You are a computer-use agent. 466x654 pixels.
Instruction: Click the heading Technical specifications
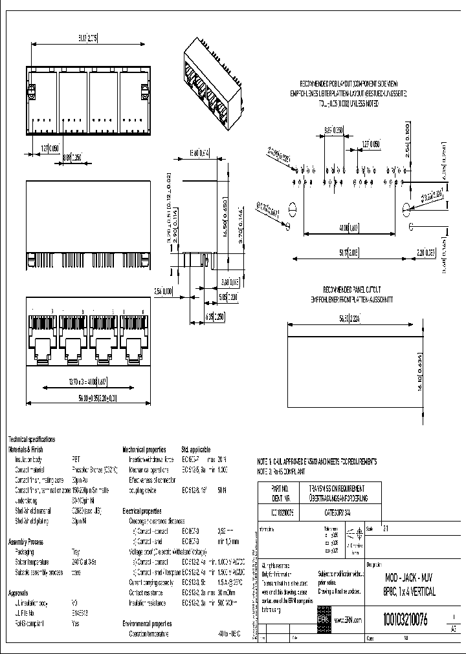tap(32, 439)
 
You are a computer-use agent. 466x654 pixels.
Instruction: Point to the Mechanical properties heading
tap(144, 449)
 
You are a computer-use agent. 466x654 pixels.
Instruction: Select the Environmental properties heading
tap(148, 624)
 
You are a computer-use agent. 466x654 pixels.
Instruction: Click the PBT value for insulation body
tap(76, 458)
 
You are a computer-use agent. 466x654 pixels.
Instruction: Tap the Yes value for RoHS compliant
tap(76, 624)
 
